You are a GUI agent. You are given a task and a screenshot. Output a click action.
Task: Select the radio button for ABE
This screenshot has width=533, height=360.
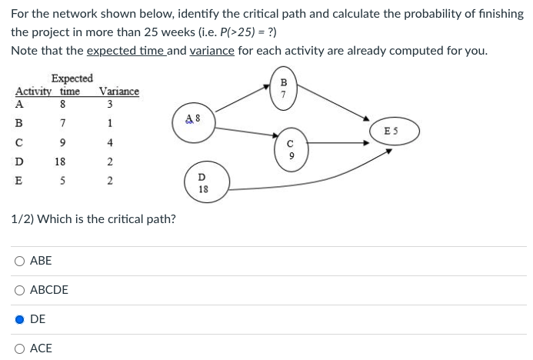[x=21, y=261]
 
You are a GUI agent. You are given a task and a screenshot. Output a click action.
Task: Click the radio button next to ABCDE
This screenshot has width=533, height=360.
[x=21, y=290]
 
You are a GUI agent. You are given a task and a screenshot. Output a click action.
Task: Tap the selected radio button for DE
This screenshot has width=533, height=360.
[x=21, y=319]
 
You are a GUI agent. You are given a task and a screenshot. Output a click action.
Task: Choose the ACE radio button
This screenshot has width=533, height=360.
[x=21, y=348]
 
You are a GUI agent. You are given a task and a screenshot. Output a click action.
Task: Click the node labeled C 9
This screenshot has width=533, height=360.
[x=290, y=148]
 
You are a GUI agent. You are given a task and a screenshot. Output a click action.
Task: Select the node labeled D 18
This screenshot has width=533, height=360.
[x=203, y=183]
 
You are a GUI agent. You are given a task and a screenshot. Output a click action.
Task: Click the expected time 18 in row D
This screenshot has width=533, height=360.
[x=59, y=162]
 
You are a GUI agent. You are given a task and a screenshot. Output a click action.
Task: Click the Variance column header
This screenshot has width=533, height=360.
[x=119, y=92]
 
